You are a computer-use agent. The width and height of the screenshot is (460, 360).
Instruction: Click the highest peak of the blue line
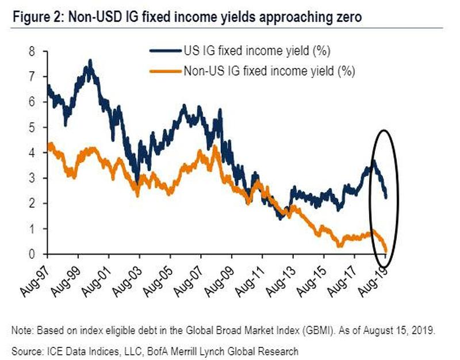pyautogui.click(x=90, y=60)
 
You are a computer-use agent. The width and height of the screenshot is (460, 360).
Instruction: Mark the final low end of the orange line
pyautogui.click(x=385, y=250)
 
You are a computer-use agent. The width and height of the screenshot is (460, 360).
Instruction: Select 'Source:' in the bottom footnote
pyautogui.click(x=25, y=350)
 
